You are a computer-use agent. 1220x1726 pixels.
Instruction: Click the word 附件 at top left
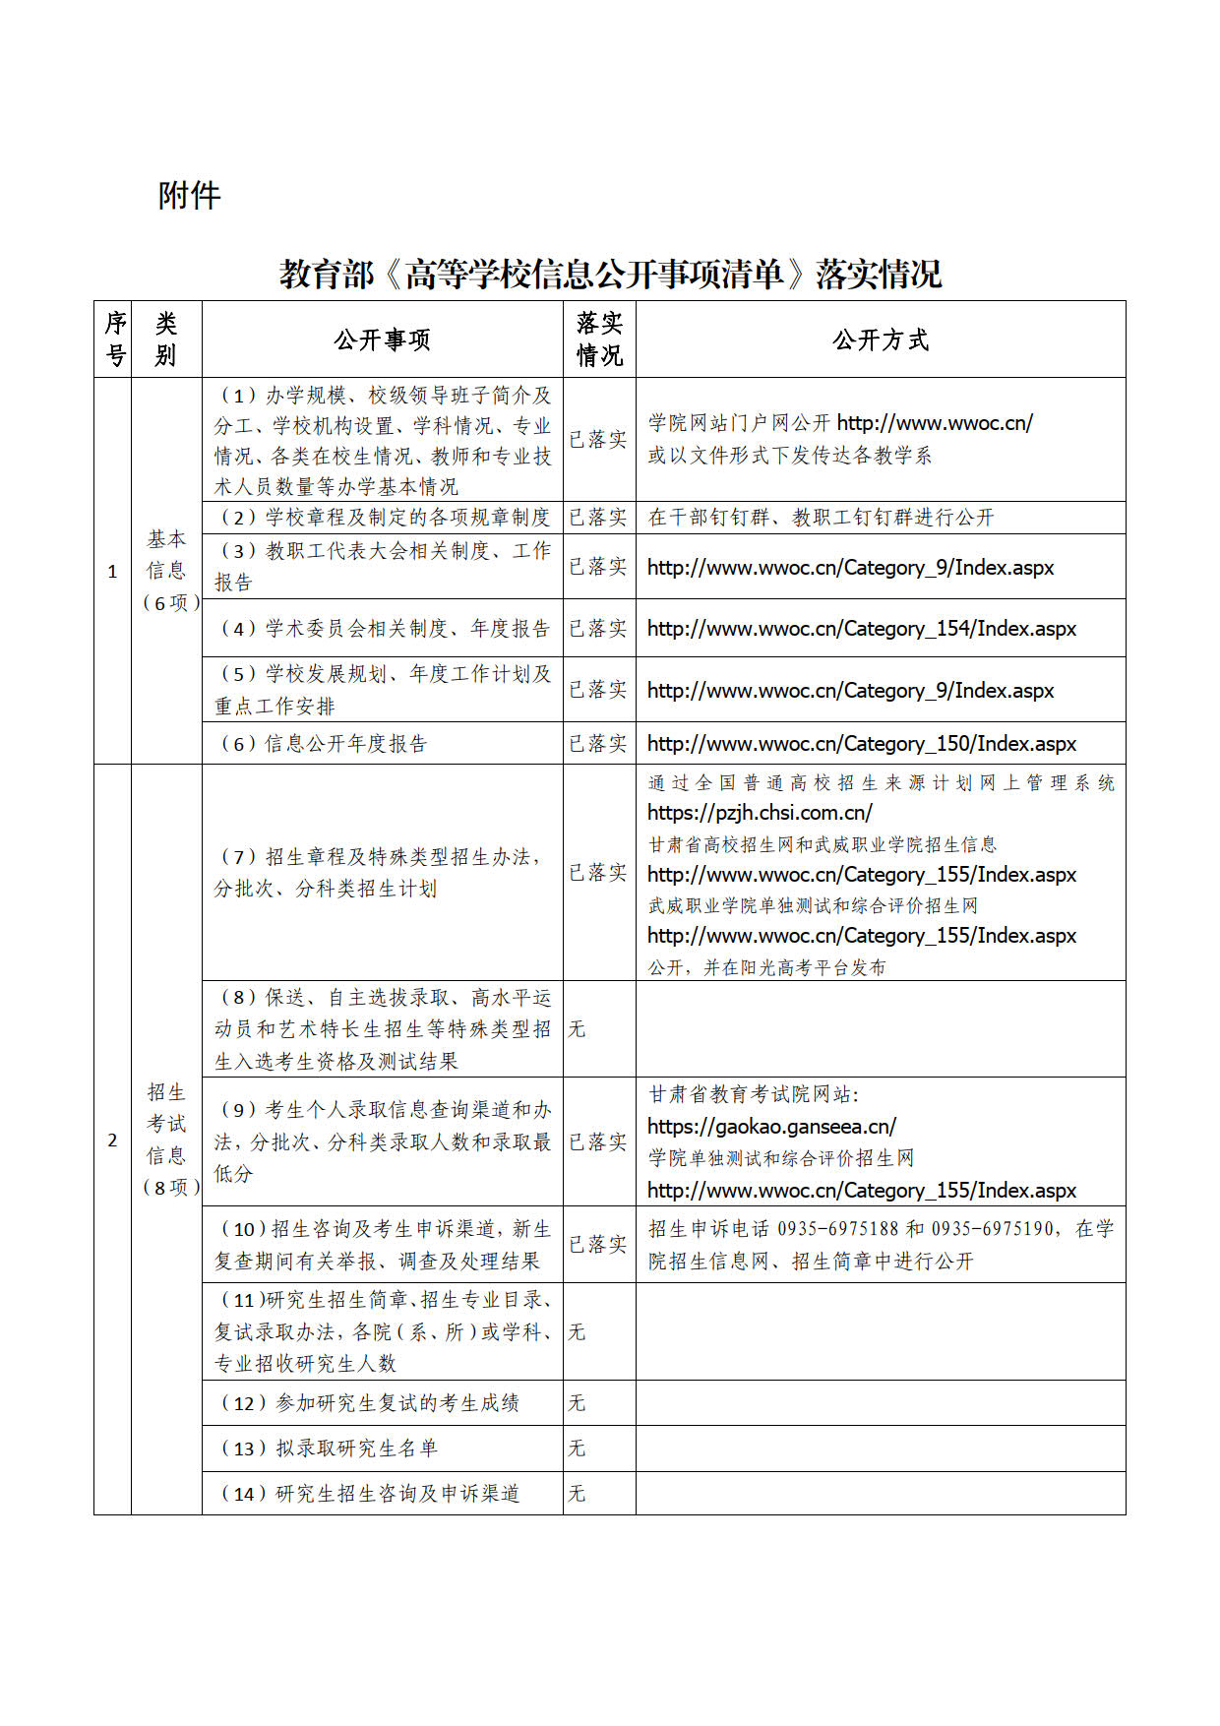pos(189,196)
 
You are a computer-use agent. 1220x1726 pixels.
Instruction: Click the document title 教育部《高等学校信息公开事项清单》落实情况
pos(610,274)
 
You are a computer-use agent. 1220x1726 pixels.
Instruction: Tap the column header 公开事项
pos(382,340)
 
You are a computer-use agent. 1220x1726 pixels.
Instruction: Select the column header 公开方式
pos(880,340)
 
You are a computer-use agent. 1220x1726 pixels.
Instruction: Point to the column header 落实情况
pos(599,339)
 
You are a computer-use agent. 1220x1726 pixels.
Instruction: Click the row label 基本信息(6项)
pos(166,571)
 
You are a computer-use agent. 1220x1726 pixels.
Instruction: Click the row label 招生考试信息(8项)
pos(166,1139)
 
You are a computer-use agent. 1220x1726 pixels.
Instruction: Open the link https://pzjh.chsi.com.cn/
pos(760,813)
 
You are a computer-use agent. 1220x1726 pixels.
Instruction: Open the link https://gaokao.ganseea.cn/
pos(771,1126)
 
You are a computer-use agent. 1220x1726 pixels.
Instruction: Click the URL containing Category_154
pos(862,629)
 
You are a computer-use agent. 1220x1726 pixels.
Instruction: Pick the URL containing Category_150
pos(862,744)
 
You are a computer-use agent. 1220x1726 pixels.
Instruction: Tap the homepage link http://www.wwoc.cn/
pos(935,423)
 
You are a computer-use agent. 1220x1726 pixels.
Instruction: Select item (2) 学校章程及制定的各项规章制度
pos(384,518)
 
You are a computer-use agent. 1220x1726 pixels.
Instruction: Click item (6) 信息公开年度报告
pos(323,744)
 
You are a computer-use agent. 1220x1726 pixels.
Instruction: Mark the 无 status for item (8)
pos(577,1029)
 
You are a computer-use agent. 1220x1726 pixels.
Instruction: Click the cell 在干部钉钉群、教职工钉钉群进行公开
pos(822,518)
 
